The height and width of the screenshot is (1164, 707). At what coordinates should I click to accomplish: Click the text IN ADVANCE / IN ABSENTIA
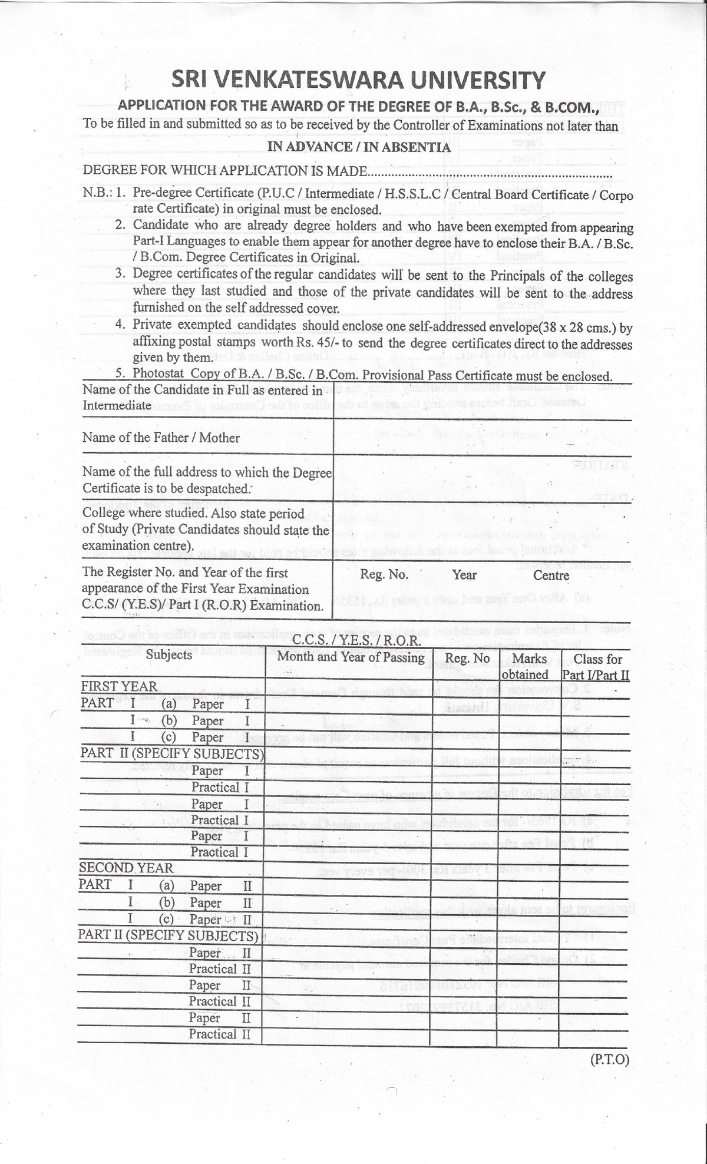click(359, 147)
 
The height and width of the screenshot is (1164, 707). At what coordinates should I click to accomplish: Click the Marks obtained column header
click(530, 666)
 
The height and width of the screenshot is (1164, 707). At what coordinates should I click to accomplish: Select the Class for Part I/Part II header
click(597, 666)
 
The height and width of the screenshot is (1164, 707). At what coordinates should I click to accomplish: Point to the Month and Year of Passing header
click(351, 657)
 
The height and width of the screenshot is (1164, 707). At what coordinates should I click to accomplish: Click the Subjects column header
click(169, 655)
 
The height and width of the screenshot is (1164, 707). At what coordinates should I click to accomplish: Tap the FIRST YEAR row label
click(119, 686)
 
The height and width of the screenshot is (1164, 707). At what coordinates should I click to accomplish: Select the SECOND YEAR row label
click(126, 868)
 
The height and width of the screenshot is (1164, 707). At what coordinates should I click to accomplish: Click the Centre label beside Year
click(551, 576)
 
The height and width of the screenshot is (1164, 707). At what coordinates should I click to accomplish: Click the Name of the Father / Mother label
click(161, 438)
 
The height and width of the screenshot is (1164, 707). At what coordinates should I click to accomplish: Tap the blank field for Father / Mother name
click(482, 437)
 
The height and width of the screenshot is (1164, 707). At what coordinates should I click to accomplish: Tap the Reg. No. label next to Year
click(384, 576)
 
